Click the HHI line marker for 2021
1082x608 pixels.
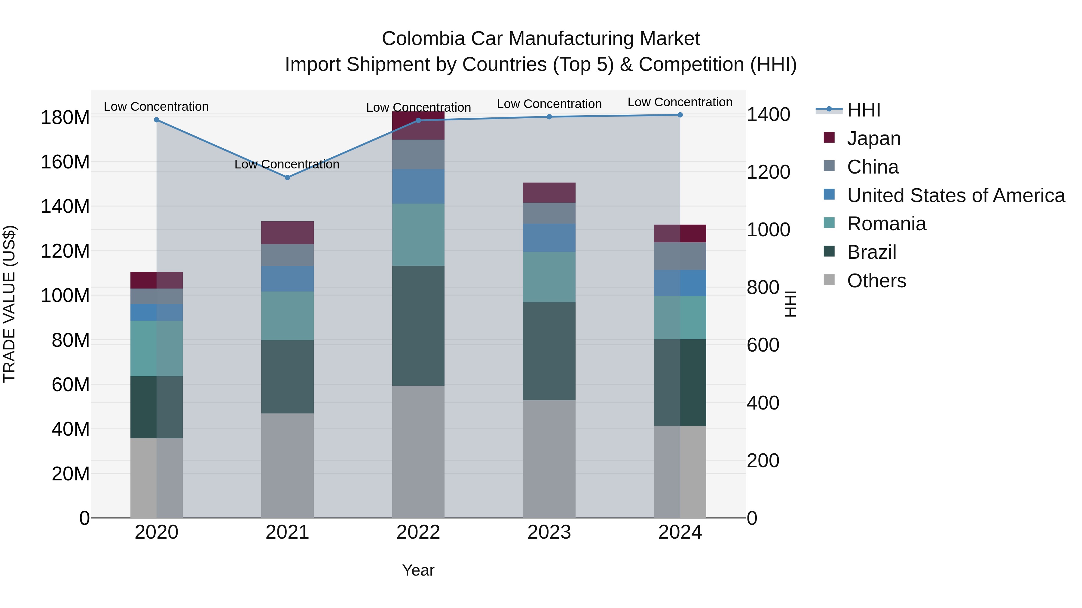(287, 177)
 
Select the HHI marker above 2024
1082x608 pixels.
(680, 115)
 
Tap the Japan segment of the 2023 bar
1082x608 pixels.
(549, 192)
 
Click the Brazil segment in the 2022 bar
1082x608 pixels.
(418, 325)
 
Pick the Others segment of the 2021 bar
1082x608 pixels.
(287, 465)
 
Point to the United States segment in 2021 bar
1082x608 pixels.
(287, 279)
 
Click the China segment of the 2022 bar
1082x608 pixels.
(418, 154)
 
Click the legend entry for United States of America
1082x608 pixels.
(955, 195)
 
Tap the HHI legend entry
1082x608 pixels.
(863, 110)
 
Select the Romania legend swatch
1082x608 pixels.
(829, 223)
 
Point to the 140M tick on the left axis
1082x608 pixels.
(65, 207)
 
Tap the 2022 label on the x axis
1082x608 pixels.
(418, 532)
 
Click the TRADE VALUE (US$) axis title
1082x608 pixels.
(9, 304)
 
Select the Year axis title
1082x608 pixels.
(418, 570)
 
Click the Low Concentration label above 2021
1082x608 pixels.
(287, 164)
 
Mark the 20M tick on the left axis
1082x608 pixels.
(70, 474)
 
